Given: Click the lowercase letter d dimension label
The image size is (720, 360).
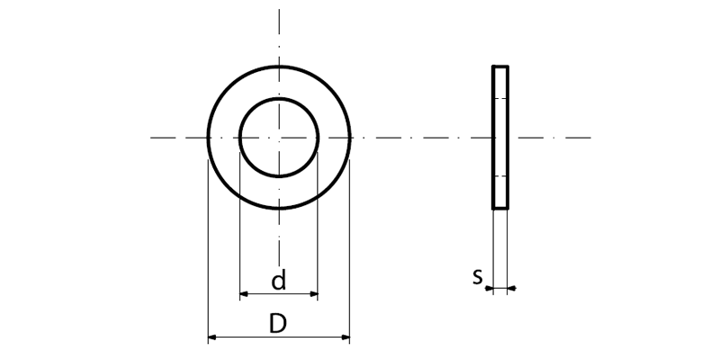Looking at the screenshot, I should pos(279,282).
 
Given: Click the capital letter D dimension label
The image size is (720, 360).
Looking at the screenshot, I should pos(278,324).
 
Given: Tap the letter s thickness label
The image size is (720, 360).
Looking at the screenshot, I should pos(478,276).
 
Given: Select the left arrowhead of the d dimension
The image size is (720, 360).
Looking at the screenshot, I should pos(243,293).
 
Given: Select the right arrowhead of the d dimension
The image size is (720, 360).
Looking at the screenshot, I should pos(314,293).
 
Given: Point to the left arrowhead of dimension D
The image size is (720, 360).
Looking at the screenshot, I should pos(211,338).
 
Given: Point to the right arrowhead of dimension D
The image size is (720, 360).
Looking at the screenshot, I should pos(346,338).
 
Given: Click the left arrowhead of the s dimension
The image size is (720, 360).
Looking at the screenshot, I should pos(489,289).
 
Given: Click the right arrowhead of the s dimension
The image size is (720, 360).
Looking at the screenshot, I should pos(512,289).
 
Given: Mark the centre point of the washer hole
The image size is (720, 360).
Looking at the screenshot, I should pos(279,138).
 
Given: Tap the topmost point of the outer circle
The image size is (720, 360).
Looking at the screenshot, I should pos(279,67).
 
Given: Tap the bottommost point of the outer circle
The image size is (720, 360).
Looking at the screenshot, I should pos(279,209).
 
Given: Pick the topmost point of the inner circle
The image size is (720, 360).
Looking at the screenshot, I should pos(279,99).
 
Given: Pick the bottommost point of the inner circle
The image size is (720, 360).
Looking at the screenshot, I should pos(279,176).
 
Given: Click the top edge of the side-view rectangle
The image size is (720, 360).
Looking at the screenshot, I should pos(500,67).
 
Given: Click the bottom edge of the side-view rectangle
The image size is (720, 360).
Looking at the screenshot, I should pos(500,209).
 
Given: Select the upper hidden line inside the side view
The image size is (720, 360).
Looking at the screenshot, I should pos(500,98).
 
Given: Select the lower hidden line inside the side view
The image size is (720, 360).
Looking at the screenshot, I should pos(500,177).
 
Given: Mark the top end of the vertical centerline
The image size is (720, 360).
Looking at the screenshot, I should pos(279,9).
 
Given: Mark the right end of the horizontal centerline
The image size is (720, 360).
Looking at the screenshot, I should pos(590,138).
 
